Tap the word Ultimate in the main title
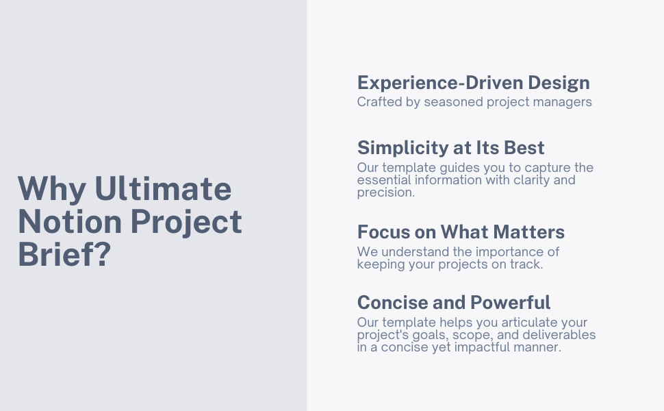point(163,189)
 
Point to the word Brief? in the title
point(64,254)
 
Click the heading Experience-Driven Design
point(473,83)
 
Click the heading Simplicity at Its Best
point(450,148)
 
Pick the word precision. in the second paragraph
point(385,192)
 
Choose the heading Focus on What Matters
point(461,232)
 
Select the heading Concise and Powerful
point(454,302)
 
